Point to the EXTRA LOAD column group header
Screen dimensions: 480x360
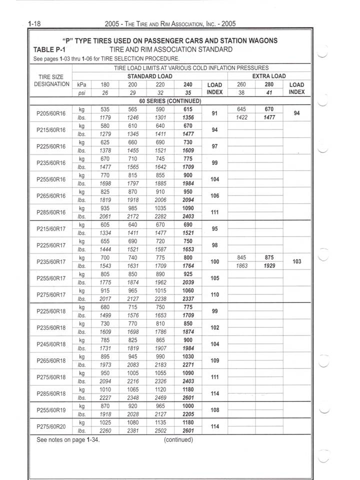(x=268, y=76)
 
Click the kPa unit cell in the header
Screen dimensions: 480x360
(x=82, y=84)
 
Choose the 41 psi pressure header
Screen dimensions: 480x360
(x=269, y=92)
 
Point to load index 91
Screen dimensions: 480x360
(x=215, y=113)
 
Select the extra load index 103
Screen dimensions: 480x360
(x=296, y=261)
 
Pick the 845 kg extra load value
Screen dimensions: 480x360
(x=241, y=257)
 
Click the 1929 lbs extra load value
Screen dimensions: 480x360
(x=269, y=266)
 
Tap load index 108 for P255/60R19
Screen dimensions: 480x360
(x=215, y=410)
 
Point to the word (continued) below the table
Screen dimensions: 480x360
(x=178, y=440)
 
